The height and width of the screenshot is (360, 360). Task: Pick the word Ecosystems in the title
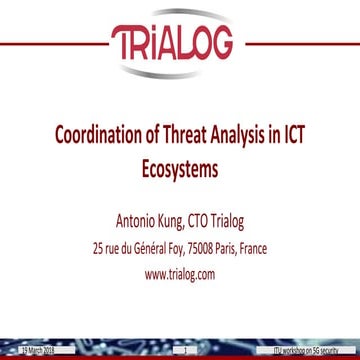(x=180, y=169)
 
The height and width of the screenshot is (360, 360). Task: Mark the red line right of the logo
(x=300, y=45)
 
